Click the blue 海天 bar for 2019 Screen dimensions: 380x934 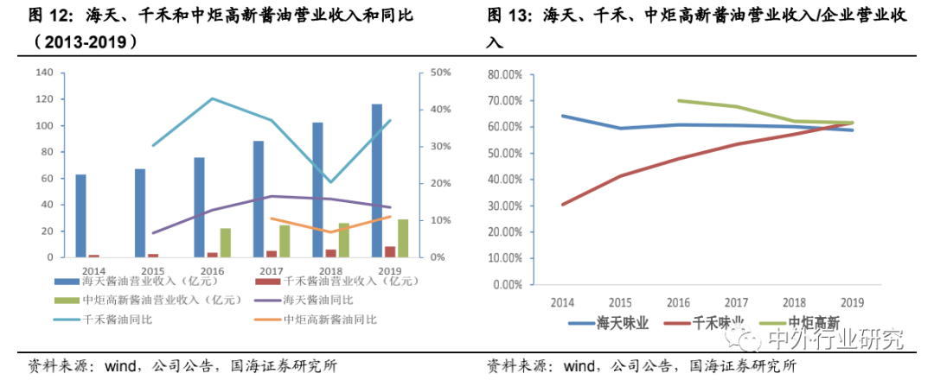click(x=376, y=180)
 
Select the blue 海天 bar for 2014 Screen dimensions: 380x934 click(x=80, y=216)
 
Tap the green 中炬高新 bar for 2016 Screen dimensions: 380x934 click(x=226, y=243)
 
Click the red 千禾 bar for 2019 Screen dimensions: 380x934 click(x=390, y=252)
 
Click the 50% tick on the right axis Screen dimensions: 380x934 click(x=441, y=73)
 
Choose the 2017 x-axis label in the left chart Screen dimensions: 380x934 click(x=271, y=270)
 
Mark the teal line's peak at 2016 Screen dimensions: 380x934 click(x=212, y=98)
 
